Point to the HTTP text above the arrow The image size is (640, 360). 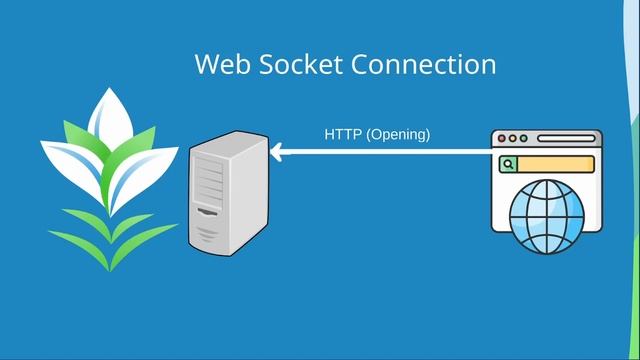pyautogui.click(x=343, y=133)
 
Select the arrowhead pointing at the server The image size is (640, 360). pyautogui.click(x=278, y=152)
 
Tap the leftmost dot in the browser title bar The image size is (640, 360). pyautogui.click(x=503, y=139)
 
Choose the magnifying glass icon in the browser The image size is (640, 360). pyautogui.click(x=509, y=164)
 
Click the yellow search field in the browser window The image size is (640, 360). pyautogui.click(x=556, y=164)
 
